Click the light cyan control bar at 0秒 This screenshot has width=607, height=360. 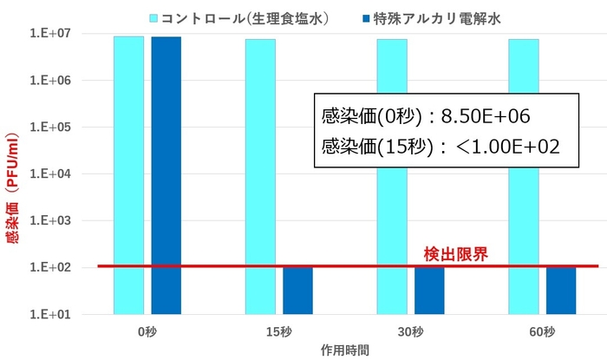pyautogui.click(x=128, y=173)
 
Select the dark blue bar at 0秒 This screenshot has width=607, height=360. pyautogui.click(x=166, y=173)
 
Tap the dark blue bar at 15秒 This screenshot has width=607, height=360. pyautogui.click(x=297, y=290)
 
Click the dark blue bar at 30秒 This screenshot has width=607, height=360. pyautogui.click(x=429, y=290)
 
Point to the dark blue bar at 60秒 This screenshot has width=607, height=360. pyautogui.click(x=561, y=290)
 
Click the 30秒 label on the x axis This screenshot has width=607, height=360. pyautogui.click(x=410, y=331)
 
